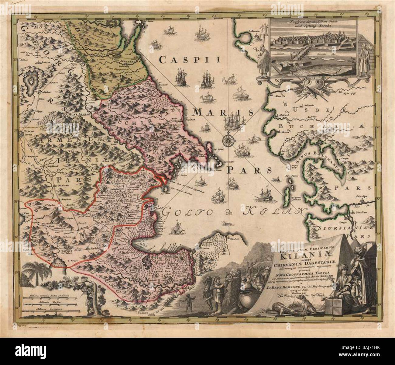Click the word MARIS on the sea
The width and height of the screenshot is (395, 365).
pos(223,113)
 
